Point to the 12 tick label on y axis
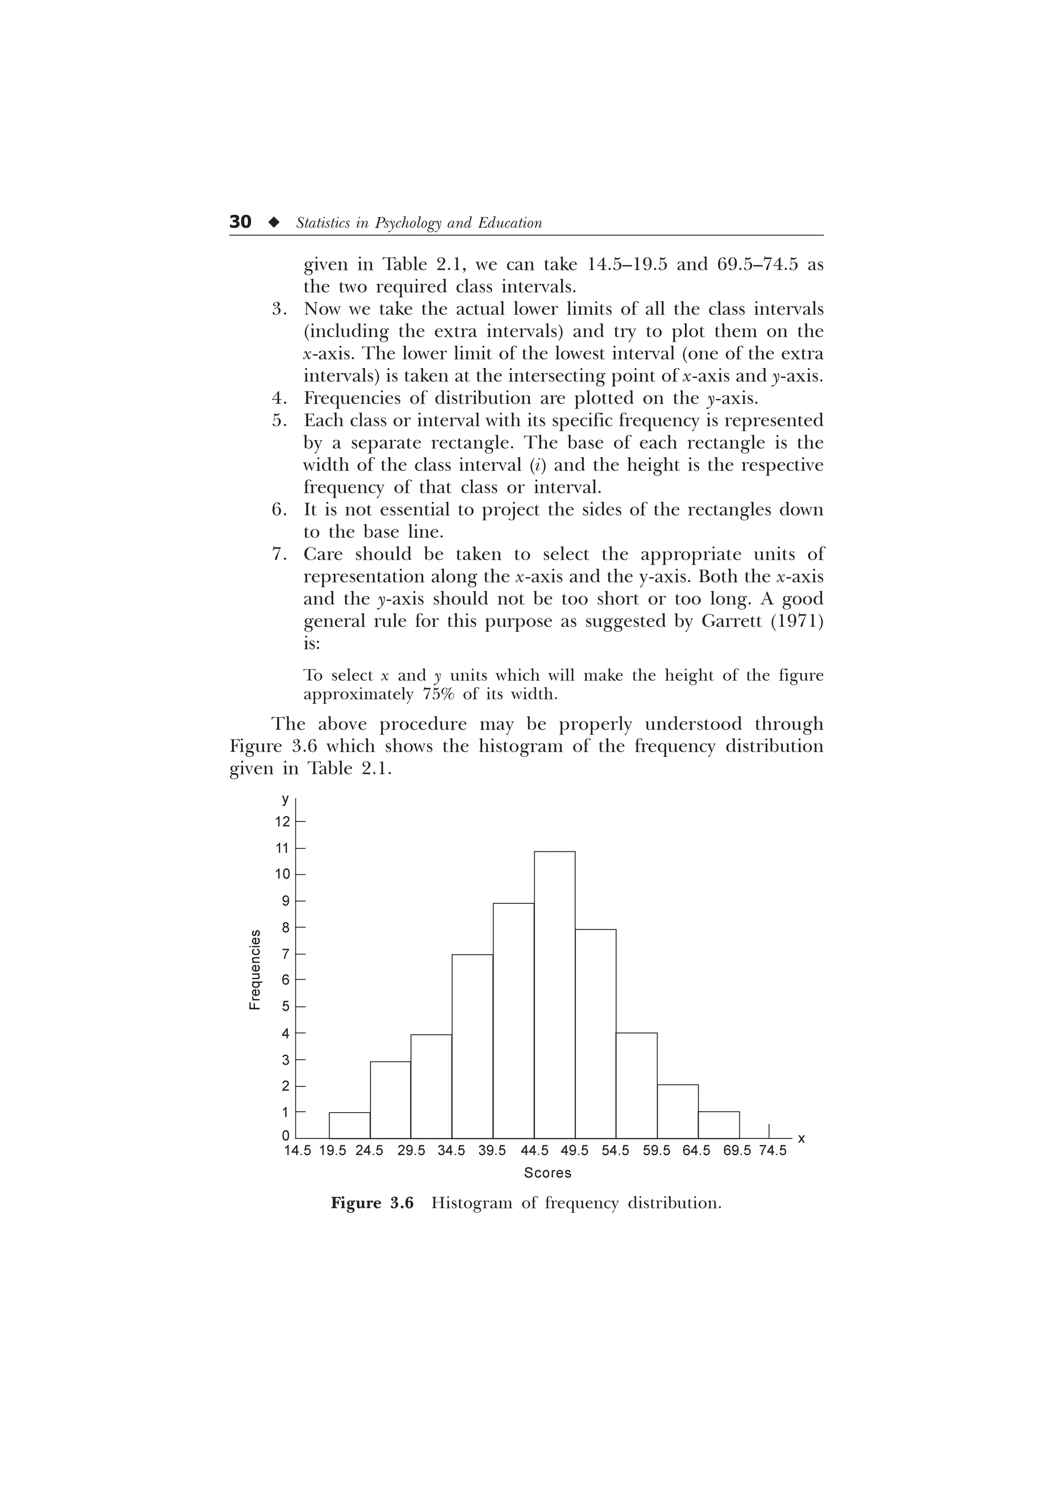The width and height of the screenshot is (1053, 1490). (x=282, y=822)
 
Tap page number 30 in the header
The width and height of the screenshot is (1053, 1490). (x=240, y=223)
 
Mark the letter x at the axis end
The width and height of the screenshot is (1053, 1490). (x=801, y=1139)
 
